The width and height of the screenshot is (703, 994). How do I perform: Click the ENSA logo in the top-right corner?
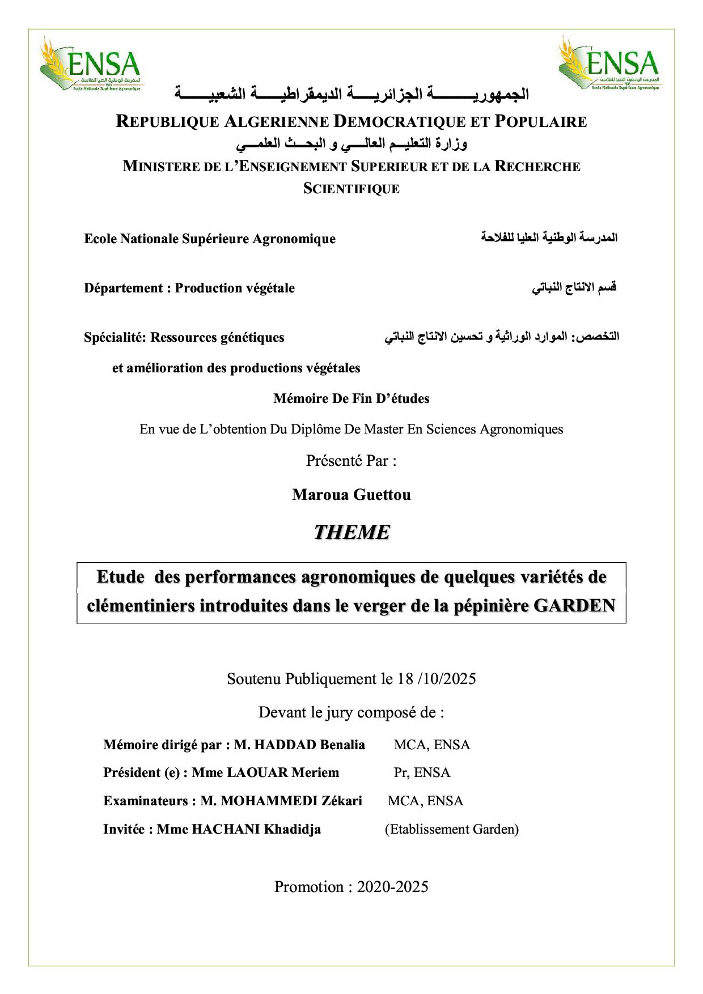pyautogui.click(x=609, y=64)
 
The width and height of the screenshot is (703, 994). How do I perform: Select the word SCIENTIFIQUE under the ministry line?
pyautogui.click(x=351, y=189)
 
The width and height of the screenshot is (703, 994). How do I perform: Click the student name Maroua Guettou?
pyautogui.click(x=351, y=495)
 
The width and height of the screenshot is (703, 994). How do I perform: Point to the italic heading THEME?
pyautogui.click(x=351, y=532)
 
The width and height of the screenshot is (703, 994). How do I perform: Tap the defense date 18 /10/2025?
pyautogui.click(x=437, y=678)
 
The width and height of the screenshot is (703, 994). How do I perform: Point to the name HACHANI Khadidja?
pyautogui.click(x=256, y=829)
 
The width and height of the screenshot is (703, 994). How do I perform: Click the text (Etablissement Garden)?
pyautogui.click(x=452, y=829)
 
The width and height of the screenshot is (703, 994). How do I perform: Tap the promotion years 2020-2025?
pyautogui.click(x=392, y=886)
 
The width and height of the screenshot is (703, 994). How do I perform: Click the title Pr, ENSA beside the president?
pyautogui.click(x=422, y=772)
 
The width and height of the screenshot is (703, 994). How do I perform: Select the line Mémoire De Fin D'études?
pyautogui.click(x=351, y=398)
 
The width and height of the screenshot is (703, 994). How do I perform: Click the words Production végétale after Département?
pyautogui.click(x=235, y=288)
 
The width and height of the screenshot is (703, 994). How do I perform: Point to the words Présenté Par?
pyautogui.click(x=351, y=461)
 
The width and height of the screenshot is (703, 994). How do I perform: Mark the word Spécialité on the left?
pyautogui.click(x=115, y=337)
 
